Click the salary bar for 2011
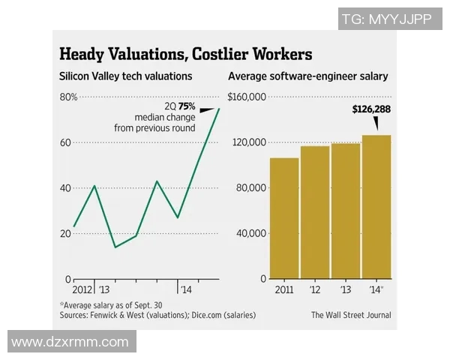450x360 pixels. (283, 218)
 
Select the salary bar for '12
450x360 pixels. (315, 212)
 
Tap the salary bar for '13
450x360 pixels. (346, 211)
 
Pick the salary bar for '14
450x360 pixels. (376, 207)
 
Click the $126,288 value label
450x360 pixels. (371, 109)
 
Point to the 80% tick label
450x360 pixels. (68, 97)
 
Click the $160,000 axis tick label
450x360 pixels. (247, 97)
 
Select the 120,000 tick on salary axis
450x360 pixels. (249, 142)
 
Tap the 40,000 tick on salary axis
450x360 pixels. (251, 233)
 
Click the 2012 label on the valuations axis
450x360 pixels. (83, 289)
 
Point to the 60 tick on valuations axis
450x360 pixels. (66, 142)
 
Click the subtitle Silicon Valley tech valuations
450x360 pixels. (126, 76)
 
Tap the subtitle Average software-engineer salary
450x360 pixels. (313, 76)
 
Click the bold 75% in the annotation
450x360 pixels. (186, 106)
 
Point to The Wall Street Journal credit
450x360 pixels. (351, 315)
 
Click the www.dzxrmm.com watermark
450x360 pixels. (70, 342)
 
